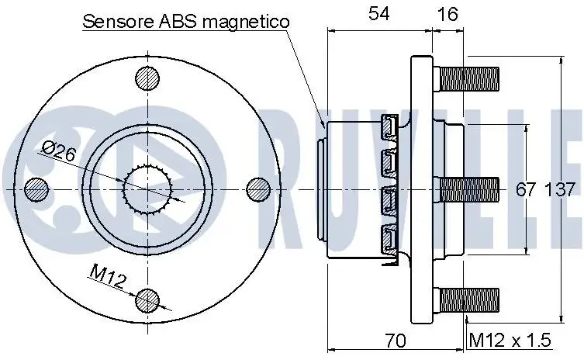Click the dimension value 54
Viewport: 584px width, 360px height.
point(379,14)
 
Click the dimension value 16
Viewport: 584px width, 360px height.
point(447,14)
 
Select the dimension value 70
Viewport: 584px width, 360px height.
point(396,341)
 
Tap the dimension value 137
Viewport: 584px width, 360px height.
point(561,189)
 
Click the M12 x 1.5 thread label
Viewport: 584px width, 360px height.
point(510,340)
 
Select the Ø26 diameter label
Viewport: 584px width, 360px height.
point(59,151)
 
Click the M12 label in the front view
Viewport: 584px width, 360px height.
point(107,276)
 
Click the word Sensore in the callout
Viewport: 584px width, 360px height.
point(119,22)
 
